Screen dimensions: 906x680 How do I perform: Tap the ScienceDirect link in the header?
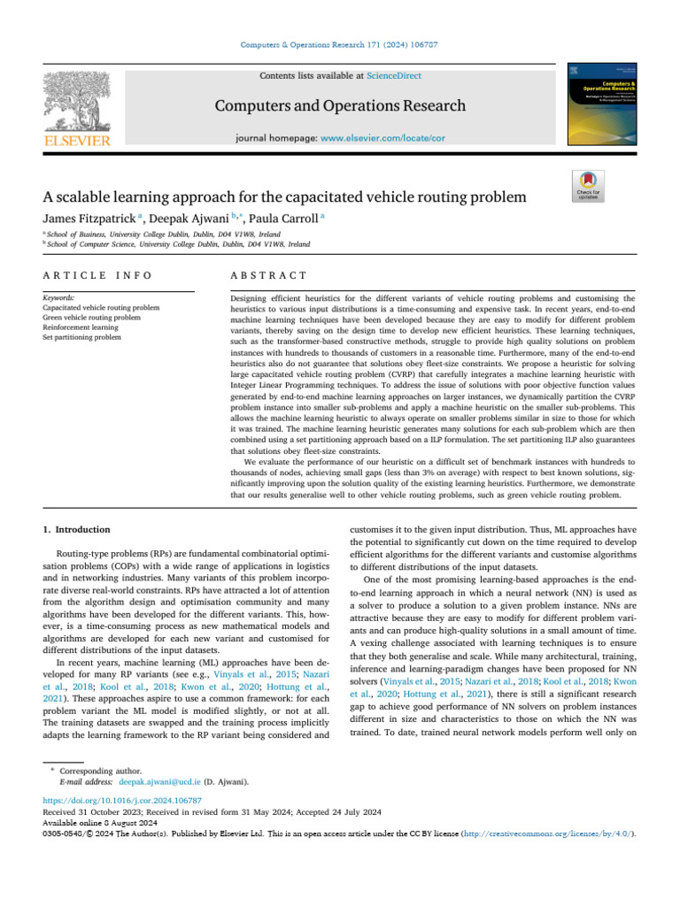(x=373, y=77)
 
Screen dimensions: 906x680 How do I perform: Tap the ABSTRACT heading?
(x=268, y=276)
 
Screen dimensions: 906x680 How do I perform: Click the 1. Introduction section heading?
(x=77, y=529)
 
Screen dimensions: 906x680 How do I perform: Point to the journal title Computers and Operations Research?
(x=340, y=106)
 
